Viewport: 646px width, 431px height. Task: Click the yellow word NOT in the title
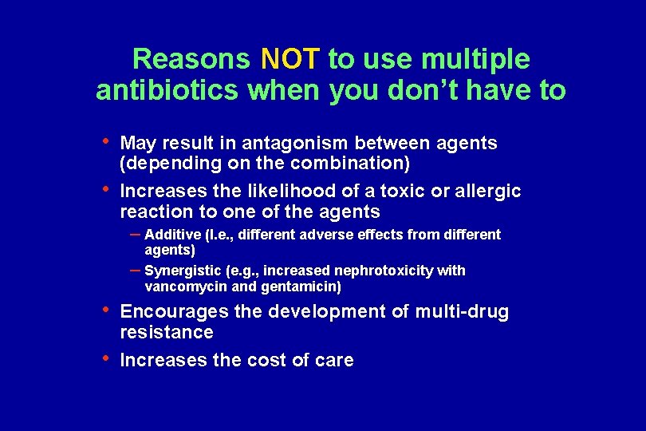coord(290,58)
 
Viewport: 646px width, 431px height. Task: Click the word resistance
coord(167,332)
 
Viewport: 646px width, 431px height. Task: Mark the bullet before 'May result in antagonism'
coord(107,141)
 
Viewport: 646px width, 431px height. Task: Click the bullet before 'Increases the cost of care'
coord(107,358)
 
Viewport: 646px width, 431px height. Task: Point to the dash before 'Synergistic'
coord(136,269)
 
